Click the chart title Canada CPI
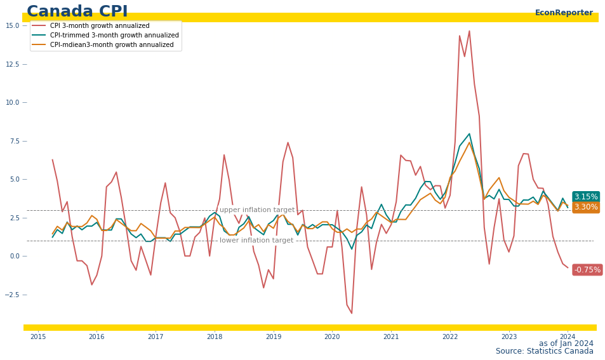(x=77, y=11)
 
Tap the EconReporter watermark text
(x=564, y=13)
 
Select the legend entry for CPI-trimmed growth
(x=105, y=35)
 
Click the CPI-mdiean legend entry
(x=103, y=44)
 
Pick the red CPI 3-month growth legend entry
(x=91, y=25)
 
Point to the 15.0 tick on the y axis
(x=13, y=25)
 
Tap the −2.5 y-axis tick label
(x=12, y=295)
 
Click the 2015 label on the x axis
(x=38, y=337)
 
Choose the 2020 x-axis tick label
(x=332, y=337)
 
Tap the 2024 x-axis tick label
(x=568, y=337)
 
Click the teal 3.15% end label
(x=586, y=197)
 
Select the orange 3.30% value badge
(x=586, y=207)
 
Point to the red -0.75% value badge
(x=587, y=270)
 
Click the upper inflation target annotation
(x=257, y=210)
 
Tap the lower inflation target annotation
(x=256, y=241)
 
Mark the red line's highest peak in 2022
(x=469, y=31)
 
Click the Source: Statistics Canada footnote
(x=545, y=351)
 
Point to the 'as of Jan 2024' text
(x=566, y=343)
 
